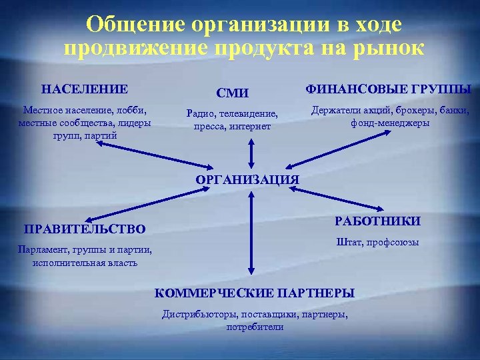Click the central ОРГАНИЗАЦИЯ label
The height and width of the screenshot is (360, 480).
[x=247, y=179]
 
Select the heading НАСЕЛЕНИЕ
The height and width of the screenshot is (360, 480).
[x=85, y=89]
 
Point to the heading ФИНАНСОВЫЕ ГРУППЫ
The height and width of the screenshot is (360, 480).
[x=388, y=89]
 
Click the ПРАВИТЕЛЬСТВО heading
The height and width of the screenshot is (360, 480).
[x=85, y=229]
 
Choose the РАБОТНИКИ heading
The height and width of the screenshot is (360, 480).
[x=377, y=221]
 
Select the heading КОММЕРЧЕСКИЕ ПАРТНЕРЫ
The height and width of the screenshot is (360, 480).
[x=255, y=293]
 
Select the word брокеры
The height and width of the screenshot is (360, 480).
[x=405, y=110]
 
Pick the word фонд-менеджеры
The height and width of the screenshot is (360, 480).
[x=390, y=123]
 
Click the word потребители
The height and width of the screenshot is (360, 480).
[x=255, y=327]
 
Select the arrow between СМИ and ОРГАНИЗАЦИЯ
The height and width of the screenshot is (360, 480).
[x=251, y=153]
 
